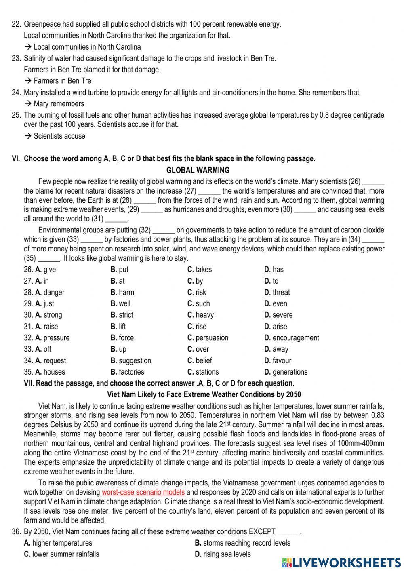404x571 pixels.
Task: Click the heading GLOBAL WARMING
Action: point(198,170)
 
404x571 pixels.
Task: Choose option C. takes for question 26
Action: point(200,270)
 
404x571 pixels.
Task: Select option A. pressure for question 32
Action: point(52,338)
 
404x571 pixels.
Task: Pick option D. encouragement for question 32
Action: point(291,338)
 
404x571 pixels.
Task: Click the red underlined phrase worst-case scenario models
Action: point(143,492)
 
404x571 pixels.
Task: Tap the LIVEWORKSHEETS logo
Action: point(341,563)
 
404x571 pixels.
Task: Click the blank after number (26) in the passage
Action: point(374,182)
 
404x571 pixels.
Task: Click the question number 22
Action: point(16,24)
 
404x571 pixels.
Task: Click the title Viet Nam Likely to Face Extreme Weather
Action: point(204,394)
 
